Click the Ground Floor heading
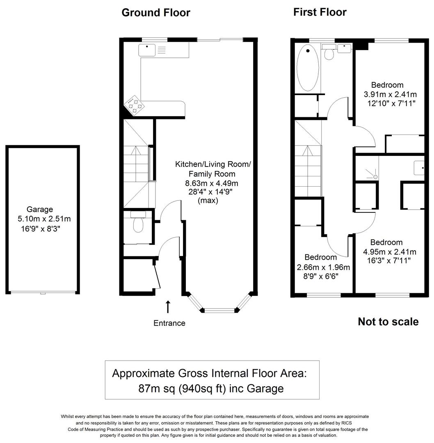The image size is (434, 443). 156,13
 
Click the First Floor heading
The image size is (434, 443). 320,12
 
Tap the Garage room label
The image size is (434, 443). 40,210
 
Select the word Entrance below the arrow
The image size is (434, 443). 169,323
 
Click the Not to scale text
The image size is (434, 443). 388,322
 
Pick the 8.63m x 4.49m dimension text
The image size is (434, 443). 212,183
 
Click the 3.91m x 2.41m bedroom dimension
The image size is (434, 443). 390,94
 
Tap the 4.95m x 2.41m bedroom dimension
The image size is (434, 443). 390,251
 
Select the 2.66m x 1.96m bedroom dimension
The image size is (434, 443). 324,267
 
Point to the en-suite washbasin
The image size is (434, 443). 418,167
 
